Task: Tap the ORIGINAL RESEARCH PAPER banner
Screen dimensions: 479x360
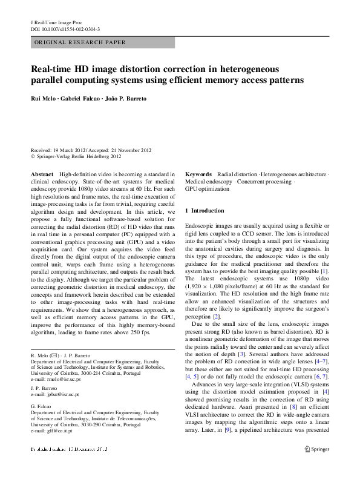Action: coord(80,42)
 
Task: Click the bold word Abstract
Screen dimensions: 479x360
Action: coord(41,174)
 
